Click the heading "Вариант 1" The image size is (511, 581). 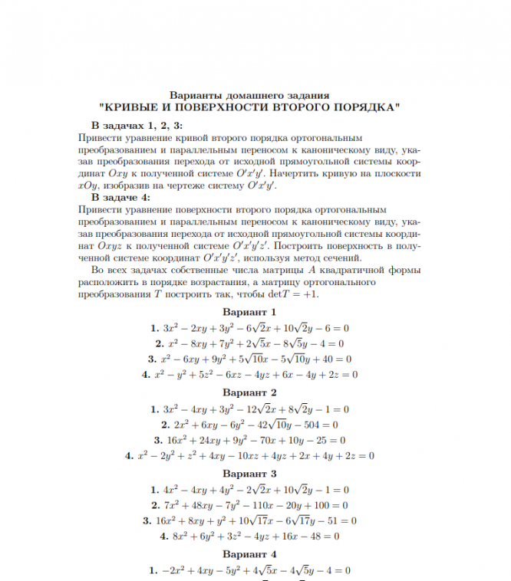pos(249,312)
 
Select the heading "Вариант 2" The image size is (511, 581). pos(249,393)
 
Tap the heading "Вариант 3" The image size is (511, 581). pos(249,474)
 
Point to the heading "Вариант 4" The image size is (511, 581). pos(249,554)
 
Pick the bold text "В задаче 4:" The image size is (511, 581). pos(120,198)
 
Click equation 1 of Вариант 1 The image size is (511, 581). pos(249,328)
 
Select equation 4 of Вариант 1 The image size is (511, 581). pos(249,375)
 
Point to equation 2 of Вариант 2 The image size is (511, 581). pos(249,425)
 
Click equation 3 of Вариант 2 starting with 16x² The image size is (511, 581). pos(249,440)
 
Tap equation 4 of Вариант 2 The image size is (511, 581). pos(249,456)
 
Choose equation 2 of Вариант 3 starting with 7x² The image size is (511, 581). pos(249,506)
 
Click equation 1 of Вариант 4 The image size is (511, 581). pos(249,570)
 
